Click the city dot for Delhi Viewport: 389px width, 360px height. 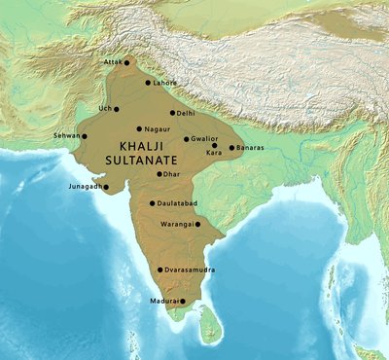[x=172, y=113]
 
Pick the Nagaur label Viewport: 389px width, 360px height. [x=158, y=128]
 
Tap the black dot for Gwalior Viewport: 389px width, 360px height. [x=186, y=139]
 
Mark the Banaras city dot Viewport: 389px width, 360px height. [x=231, y=148]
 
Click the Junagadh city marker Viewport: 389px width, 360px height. [x=106, y=187]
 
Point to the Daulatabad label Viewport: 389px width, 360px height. [x=177, y=205]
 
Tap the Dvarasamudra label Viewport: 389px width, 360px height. [x=189, y=270]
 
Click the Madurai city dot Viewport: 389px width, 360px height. [x=182, y=303]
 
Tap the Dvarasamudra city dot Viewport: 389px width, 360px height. [x=159, y=270]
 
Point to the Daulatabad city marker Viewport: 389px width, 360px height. [x=151, y=205]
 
